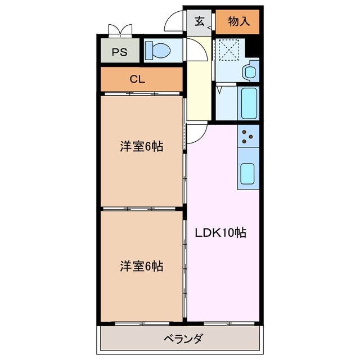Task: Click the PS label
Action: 119,52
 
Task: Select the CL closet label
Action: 137,79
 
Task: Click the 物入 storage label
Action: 239,22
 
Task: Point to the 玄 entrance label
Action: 200,22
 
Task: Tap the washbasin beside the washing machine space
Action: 249,71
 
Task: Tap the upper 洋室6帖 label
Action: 141,147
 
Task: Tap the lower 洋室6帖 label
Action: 141,266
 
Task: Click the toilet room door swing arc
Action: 196,52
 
